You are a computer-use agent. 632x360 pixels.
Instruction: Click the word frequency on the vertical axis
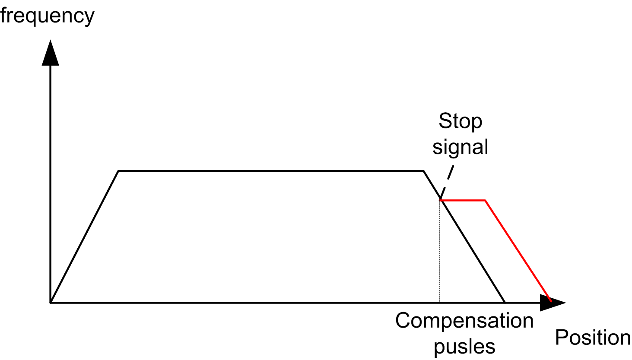coord(47,16)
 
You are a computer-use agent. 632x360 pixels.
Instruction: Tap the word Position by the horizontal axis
coord(593,337)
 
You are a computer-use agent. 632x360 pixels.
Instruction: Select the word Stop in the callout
coord(461,121)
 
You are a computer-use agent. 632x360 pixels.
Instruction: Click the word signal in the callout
coord(461,147)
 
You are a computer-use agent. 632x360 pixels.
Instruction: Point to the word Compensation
coord(464,321)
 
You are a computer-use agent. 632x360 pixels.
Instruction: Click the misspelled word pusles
coord(464,346)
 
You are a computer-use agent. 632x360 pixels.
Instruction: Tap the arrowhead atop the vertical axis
coord(51,53)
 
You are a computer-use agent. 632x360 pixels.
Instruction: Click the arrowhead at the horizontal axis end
coord(553,303)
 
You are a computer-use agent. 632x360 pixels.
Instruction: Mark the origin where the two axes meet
coord(51,303)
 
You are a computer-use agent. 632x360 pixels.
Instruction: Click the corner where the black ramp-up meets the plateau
coord(118,171)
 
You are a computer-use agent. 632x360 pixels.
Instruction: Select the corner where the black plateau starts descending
coord(423,171)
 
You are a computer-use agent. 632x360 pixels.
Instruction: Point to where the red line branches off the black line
coord(440,200)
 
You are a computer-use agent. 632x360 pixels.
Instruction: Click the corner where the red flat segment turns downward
coord(485,200)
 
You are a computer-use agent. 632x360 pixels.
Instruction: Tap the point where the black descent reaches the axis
coord(505,303)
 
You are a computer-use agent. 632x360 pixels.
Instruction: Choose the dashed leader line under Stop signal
coord(447,182)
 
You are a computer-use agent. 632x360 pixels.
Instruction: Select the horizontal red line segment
coord(463,200)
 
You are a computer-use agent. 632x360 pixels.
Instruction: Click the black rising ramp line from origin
coord(85,237)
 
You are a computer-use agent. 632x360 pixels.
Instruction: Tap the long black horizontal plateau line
coord(271,171)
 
